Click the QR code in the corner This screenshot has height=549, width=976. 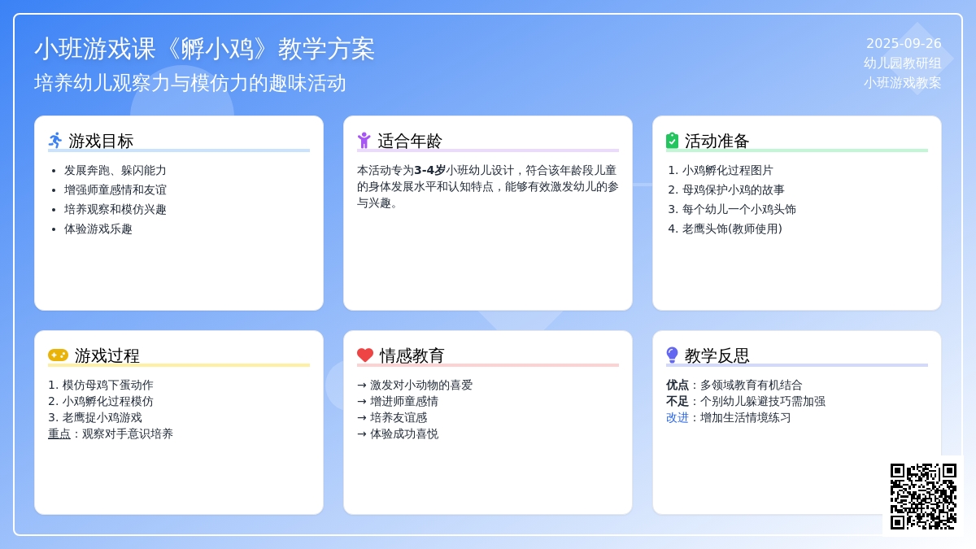pyautogui.click(x=923, y=496)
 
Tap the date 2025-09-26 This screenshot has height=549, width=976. pyautogui.click(x=904, y=44)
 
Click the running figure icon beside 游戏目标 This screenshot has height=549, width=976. pyautogui.click(x=55, y=141)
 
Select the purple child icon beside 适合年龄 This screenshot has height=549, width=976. pyautogui.click(x=364, y=141)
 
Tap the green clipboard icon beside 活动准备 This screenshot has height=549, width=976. pyautogui.click(x=673, y=141)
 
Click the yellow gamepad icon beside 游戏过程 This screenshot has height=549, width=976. pyautogui.click(x=58, y=355)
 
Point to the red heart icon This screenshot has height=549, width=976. pyautogui.click(x=365, y=355)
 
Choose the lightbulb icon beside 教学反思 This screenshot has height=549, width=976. pyautogui.click(x=673, y=355)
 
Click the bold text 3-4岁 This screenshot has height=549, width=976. pyautogui.click(x=429, y=170)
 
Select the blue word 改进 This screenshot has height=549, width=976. pyautogui.click(x=677, y=417)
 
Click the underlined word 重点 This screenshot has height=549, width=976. pyautogui.click(x=59, y=434)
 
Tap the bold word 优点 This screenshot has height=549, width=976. pyautogui.click(x=677, y=385)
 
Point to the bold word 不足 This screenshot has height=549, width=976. pyautogui.click(x=677, y=401)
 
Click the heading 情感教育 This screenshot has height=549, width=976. pyautogui.click(x=412, y=355)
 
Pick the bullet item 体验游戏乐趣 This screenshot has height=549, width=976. pyautogui.click(x=98, y=229)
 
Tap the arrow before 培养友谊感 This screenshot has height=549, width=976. pyautogui.click(x=362, y=418)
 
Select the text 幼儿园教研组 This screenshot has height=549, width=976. pyautogui.click(x=902, y=63)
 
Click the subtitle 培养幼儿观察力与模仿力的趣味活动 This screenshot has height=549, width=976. pyautogui.click(x=190, y=83)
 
